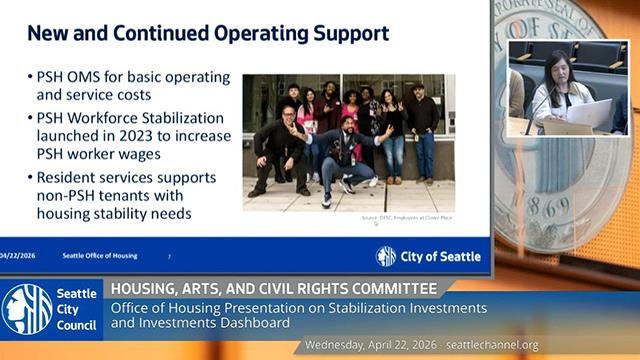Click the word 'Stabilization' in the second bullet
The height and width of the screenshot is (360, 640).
(181, 118)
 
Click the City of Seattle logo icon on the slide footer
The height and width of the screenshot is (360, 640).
(386, 256)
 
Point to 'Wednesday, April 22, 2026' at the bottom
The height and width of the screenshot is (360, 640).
(370, 345)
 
